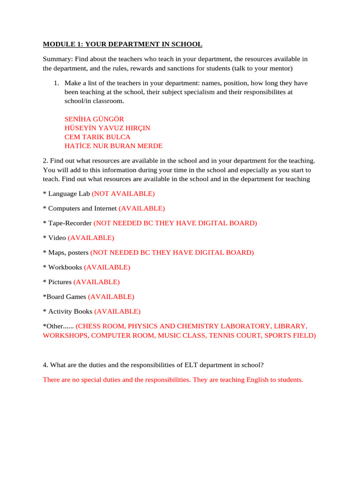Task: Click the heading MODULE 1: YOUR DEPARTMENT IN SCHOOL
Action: (122, 45)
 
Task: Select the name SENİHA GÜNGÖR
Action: (94, 119)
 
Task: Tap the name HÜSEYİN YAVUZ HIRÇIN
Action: (107, 128)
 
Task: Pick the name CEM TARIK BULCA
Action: (97, 137)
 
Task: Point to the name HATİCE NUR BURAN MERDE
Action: (113, 146)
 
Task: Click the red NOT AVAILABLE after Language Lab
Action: (123, 194)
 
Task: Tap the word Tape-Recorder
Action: (70, 223)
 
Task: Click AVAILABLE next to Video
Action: (91, 238)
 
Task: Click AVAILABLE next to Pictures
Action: (97, 282)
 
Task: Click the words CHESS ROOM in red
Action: (100, 326)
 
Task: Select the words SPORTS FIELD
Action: (291, 336)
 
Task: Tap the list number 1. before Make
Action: (56, 83)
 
